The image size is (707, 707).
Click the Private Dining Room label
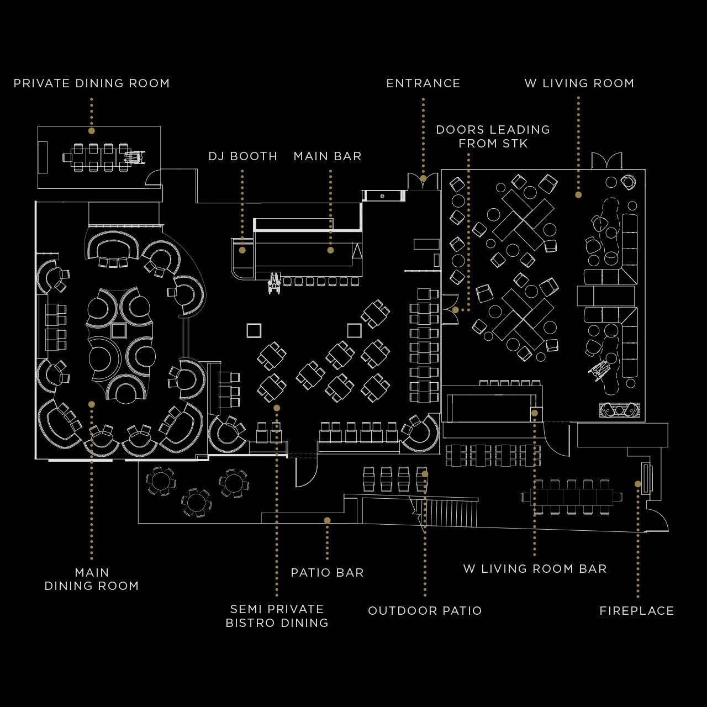[92, 83]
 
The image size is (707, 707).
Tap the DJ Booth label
[242, 156]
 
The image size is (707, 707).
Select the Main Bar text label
[328, 156]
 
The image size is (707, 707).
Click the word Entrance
[423, 83]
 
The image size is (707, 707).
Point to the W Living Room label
[579, 83]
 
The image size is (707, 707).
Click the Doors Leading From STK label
[493, 136]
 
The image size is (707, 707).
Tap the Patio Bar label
[328, 573]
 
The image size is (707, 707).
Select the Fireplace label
[637, 611]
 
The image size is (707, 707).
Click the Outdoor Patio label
[425, 611]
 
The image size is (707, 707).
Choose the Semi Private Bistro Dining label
[277, 616]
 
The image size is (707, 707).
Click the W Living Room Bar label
[535, 569]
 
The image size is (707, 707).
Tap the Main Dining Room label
[92, 579]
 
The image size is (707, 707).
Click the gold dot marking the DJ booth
[242, 250]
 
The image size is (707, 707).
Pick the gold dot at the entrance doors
[423, 178]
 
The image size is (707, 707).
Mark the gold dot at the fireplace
[638, 484]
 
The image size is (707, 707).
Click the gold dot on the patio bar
[327, 520]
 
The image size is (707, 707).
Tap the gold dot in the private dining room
[92, 131]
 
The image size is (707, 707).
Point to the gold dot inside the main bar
[330, 250]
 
